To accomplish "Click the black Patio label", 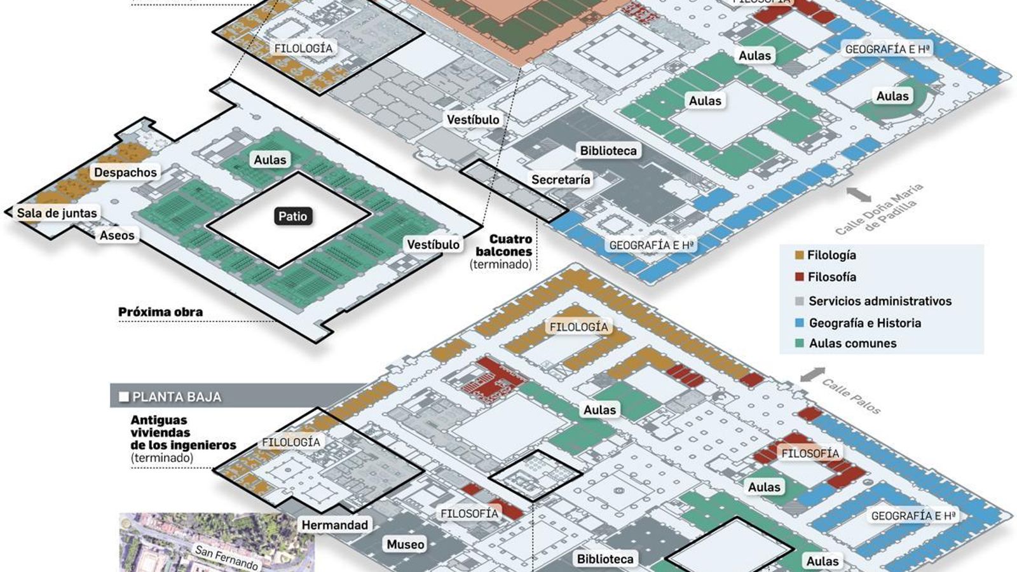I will pos(292,216).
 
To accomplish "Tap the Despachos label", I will pos(125,172).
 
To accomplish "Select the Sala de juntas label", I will pos(57,213).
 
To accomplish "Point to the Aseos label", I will pos(117,235).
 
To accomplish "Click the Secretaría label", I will pos(561,180).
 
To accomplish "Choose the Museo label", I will pos(405,544).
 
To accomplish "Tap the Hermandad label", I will pos(334,525).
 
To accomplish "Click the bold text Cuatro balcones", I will pos(505,245).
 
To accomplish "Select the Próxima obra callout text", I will pos(160,312).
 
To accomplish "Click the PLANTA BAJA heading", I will pos(177,397).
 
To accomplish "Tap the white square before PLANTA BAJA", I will pos(124,397).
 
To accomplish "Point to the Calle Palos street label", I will pos(851,397).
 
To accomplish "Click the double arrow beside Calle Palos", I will pos(812,374).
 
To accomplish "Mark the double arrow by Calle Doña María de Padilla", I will pos(859,194).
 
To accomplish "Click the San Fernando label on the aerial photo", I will pos(226,557).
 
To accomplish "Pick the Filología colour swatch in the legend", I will pos(799,255).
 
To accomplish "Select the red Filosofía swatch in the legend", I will pos(799,277).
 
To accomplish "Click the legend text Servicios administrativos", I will pos(880,301).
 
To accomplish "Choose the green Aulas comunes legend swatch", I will pos(799,343).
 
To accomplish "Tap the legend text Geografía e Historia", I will pos(864,323).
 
